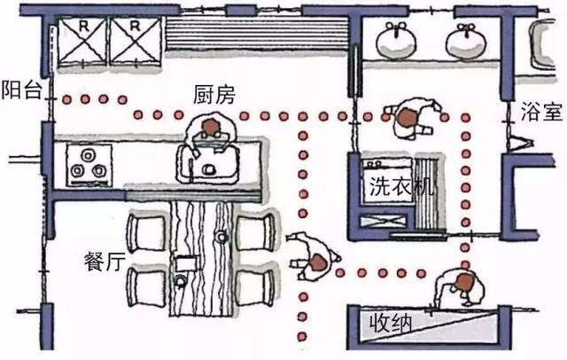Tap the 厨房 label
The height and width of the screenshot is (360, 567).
click(x=214, y=93)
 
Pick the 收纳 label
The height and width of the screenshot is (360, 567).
click(x=390, y=325)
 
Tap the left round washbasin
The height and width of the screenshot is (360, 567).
click(x=394, y=40)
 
